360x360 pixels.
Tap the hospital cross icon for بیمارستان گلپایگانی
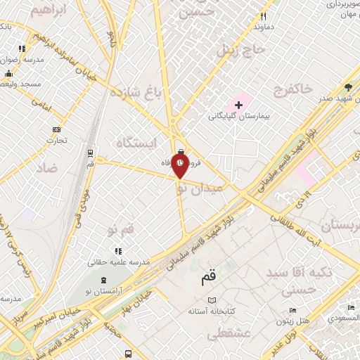[x=238, y=105]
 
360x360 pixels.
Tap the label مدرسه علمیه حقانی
[x=120, y=262]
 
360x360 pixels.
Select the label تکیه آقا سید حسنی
[x=295, y=279]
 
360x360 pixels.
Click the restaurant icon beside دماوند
[x=264, y=16]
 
